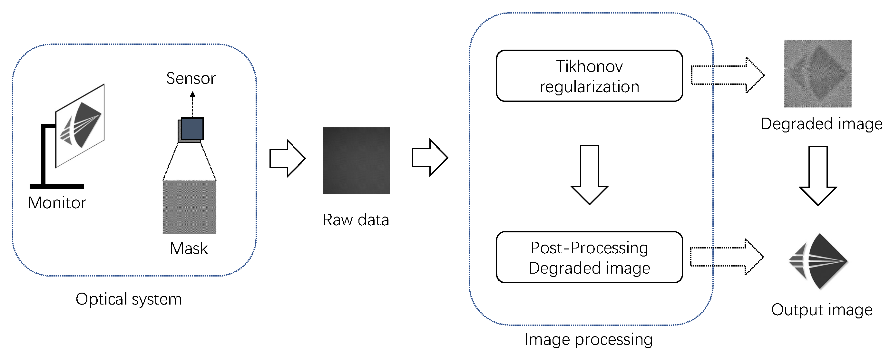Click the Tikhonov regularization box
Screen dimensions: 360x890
589,76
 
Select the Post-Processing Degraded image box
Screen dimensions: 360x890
589,258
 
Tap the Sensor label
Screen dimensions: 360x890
191,78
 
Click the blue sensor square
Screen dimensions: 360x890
192,129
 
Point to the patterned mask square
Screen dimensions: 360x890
189,207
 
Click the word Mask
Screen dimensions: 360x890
189,248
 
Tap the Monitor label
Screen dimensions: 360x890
57,203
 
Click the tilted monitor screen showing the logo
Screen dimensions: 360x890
80,126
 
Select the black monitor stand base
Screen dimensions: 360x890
57,186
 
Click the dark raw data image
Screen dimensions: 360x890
356,161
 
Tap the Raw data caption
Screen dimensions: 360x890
356,220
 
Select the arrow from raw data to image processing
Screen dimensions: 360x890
430,158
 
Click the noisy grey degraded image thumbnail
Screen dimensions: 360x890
817,73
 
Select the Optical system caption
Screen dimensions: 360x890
129,299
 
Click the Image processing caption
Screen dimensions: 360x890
588,340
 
